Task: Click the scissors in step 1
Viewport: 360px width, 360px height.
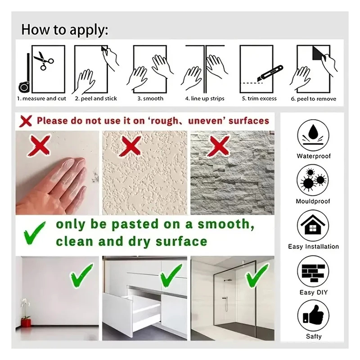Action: pos(43,61)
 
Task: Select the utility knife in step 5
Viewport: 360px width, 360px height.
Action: pos(270,73)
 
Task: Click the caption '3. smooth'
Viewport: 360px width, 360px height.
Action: pos(150,99)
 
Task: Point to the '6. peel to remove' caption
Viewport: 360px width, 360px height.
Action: pos(313,99)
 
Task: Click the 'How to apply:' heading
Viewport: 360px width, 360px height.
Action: pos(64,30)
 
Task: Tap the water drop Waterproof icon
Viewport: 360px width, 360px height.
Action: pos(313,135)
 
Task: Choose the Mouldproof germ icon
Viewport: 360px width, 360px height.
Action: pos(313,180)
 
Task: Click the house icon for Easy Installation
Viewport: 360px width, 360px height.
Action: pos(313,225)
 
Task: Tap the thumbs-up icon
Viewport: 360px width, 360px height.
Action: pos(313,315)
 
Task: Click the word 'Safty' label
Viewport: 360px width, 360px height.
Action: pos(314,336)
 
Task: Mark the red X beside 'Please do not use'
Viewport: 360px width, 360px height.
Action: pos(26,121)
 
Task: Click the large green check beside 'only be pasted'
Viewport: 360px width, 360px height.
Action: pos(35,233)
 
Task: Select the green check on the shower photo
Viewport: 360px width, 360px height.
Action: pos(257,275)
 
